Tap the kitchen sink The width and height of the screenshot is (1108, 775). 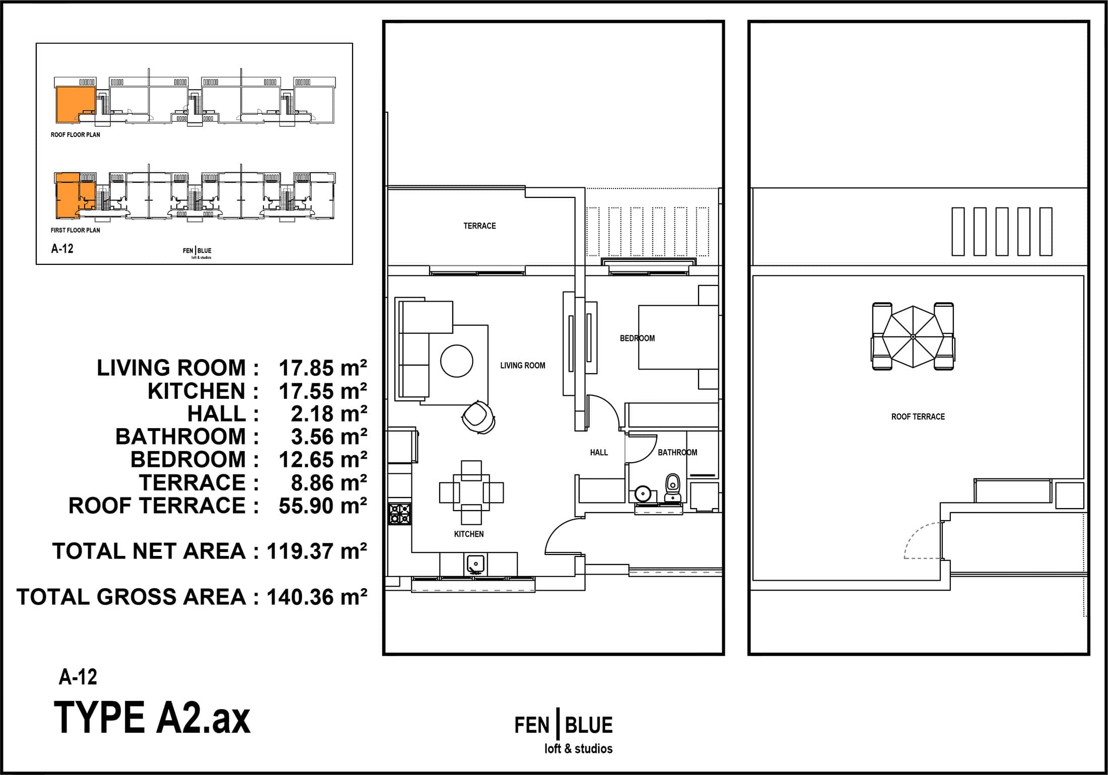(475, 564)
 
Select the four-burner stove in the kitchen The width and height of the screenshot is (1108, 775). (399, 514)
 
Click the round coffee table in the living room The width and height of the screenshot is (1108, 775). (457, 361)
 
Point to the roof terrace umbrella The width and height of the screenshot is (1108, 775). (913, 336)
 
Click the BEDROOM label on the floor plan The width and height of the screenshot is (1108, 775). (637, 338)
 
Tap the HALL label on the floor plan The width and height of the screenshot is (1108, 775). (599, 453)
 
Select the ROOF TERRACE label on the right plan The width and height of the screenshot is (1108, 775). (918, 416)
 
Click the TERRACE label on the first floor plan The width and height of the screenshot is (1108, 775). (479, 226)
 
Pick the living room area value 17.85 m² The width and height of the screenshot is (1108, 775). (323, 368)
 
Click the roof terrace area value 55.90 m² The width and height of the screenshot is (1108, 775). (323, 506)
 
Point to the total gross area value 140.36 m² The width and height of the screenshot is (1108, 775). (317, 597)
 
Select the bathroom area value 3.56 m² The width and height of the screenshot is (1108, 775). (329, 437)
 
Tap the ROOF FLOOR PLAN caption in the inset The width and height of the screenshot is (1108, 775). (76, 135)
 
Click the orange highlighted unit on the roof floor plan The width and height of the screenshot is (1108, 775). (75, 104)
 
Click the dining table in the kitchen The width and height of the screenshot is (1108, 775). (471, 492)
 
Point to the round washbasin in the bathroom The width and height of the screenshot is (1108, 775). (643, 492)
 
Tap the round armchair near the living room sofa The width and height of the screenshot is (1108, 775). (478, 416)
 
